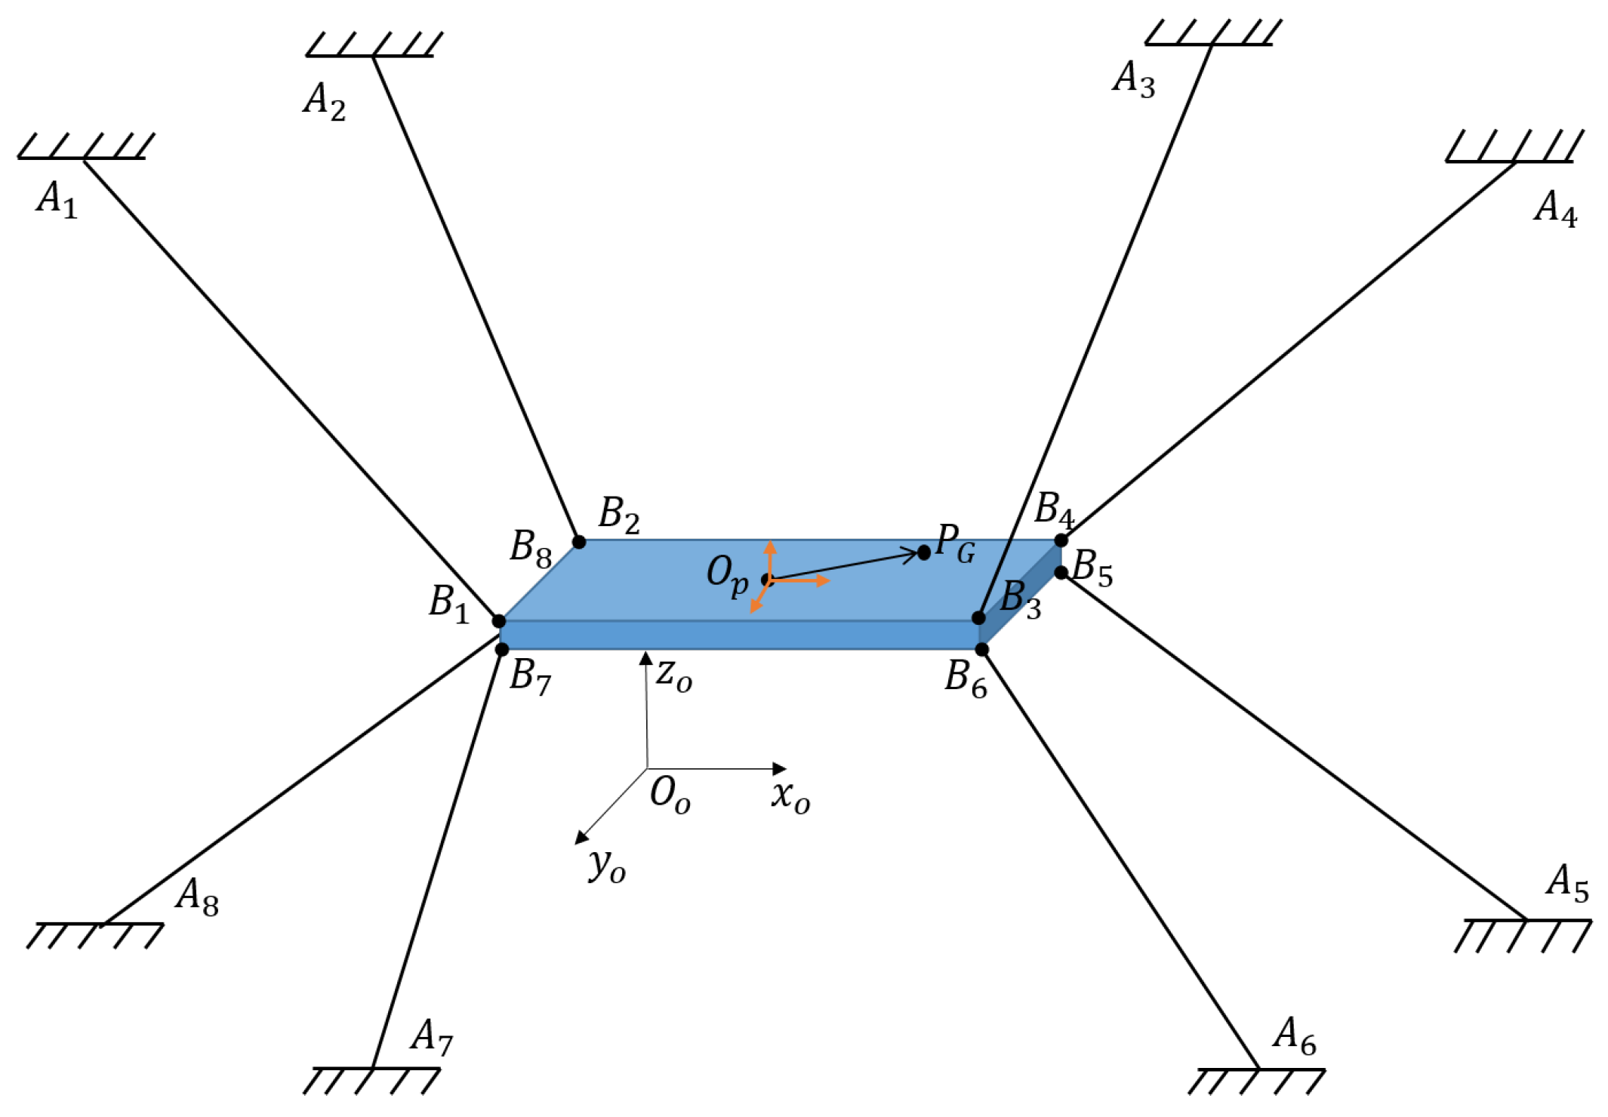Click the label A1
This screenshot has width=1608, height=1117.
tap(57, 200)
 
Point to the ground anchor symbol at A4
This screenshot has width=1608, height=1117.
tap(1514, 148)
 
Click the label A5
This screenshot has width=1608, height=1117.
tap(1567, 884)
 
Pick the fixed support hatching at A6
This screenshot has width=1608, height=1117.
tap(1257, 1081)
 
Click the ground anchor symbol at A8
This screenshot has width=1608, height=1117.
tap(95, 935)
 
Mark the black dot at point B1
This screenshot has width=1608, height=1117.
tap(499, 621)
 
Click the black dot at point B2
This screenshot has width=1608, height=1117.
tap(579, 542)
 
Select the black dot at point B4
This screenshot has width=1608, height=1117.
tap(1061, 540)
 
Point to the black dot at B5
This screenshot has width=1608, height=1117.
tap(1061, 573)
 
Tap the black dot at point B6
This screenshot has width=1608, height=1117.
tap(982, 650)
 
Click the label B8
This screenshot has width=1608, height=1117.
tap(531, 548)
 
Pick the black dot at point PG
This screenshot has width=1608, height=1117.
tap(924, 553)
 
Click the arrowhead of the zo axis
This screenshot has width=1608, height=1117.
tap(645, 658)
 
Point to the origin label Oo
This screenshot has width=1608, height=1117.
tap(670, 795)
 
